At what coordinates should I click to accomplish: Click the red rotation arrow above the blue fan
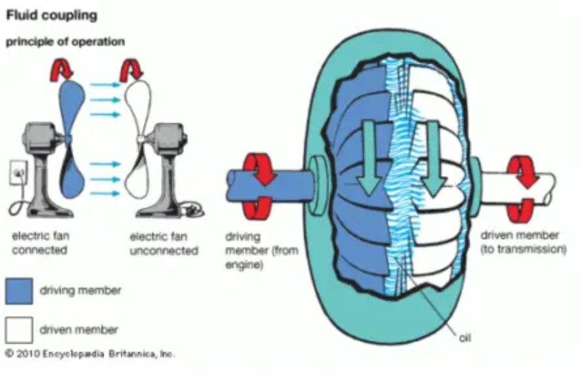click(67, 67)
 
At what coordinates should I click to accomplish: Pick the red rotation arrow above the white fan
click(134, 67)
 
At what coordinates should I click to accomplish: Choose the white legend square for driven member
click(19, 328)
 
